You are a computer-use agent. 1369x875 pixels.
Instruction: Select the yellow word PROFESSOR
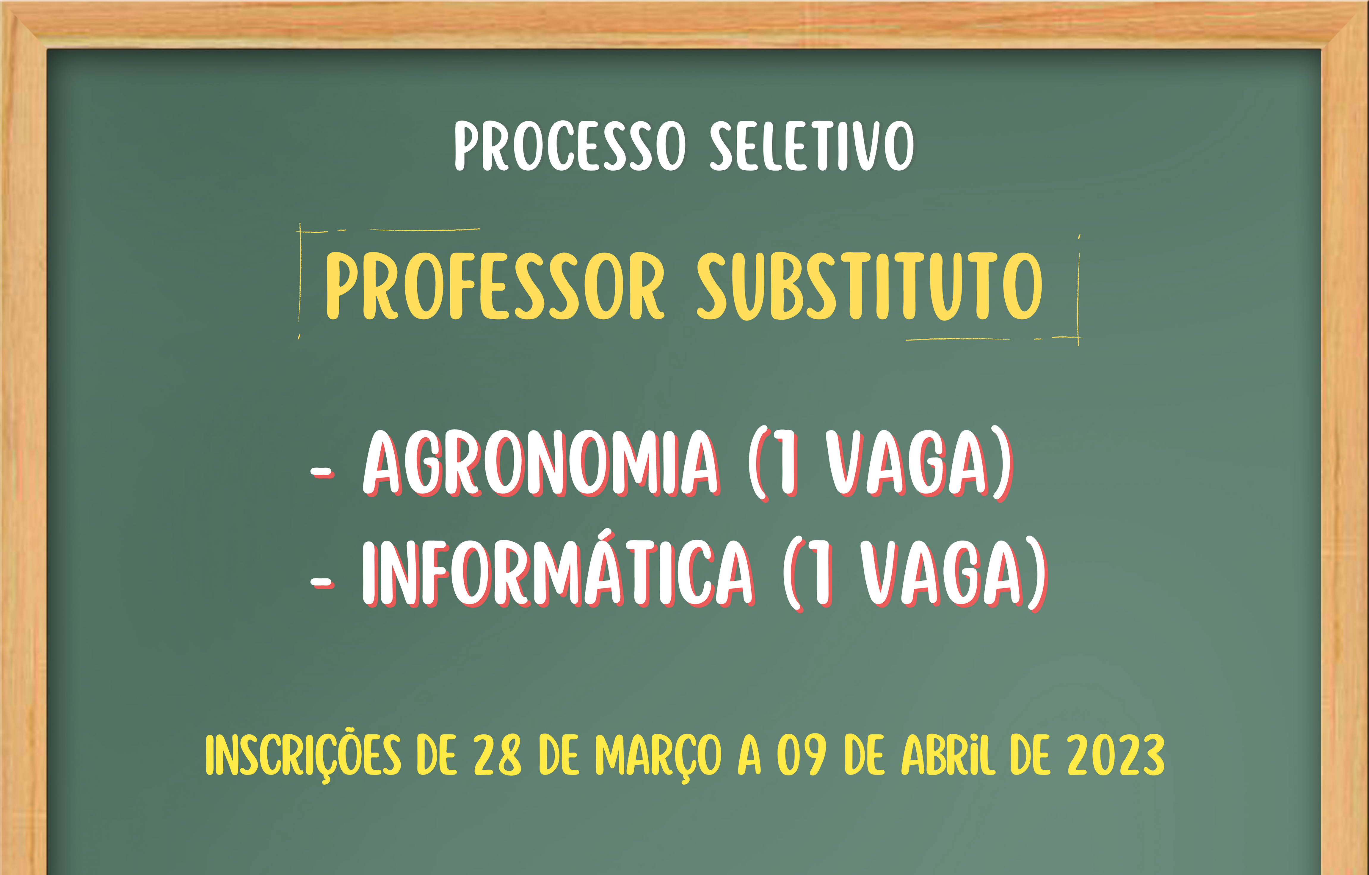(x=495, y=286)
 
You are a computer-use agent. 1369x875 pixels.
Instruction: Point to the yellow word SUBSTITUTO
(x=870, y=286)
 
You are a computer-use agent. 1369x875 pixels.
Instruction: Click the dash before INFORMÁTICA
(x=322, y=582)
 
